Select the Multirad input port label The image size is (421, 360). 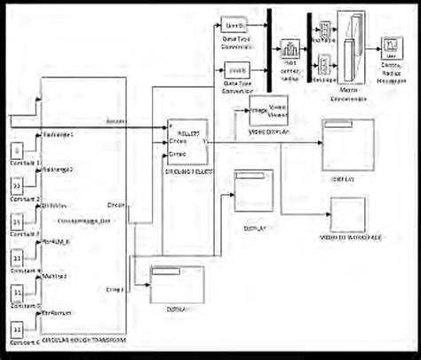coord(57,276)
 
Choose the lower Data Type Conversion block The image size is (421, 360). coord(234,69)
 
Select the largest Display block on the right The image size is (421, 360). coord(344,144)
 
